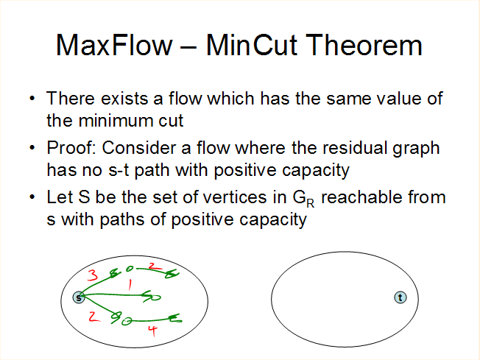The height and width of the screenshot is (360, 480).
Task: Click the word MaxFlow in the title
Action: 114,45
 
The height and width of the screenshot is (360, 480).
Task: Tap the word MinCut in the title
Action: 251,45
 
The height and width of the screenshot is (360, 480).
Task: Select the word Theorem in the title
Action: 364,45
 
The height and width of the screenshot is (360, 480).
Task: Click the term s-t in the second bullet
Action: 119,170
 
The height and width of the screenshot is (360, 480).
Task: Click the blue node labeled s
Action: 79,297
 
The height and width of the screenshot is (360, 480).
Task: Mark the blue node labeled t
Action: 400,297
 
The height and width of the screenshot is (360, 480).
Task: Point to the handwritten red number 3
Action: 93,275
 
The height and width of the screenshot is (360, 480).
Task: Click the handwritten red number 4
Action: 152,331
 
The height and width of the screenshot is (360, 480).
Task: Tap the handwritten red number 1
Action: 130,284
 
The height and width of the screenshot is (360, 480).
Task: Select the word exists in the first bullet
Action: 124,98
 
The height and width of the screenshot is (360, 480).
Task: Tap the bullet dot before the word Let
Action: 32,197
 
